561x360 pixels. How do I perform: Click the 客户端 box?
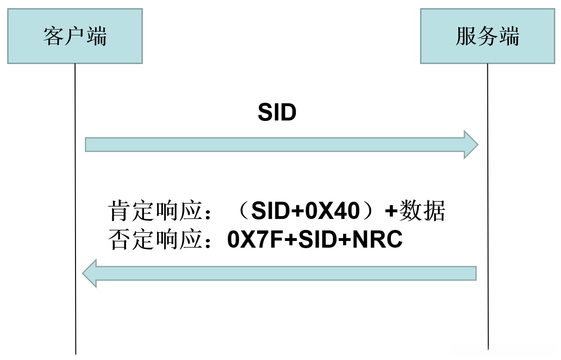(x=75, y=36)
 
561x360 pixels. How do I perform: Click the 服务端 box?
(x=487, y=36)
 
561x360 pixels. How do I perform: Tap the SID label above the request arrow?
(x=277, y=113)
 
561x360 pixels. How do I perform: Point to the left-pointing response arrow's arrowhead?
(x=90, y=273)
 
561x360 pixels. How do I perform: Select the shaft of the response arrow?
(x=287, y=273)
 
